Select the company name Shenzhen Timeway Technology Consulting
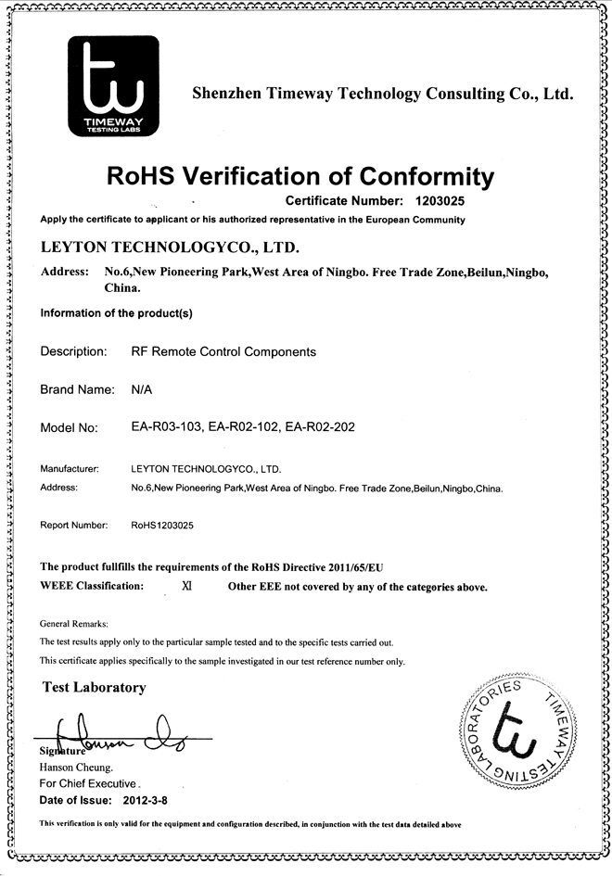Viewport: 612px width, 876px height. (x=382, y=94)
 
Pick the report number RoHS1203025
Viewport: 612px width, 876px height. (x=163, y=526)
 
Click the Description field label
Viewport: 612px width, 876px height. (x=73, y=352)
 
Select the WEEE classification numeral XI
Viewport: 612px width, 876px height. (x=186, y=587)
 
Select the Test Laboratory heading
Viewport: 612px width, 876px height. (x=95, y=688)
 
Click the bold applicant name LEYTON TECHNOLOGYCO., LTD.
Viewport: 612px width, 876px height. (x=170, y=248)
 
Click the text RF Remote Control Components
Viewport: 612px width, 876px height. (x=223, y=352)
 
